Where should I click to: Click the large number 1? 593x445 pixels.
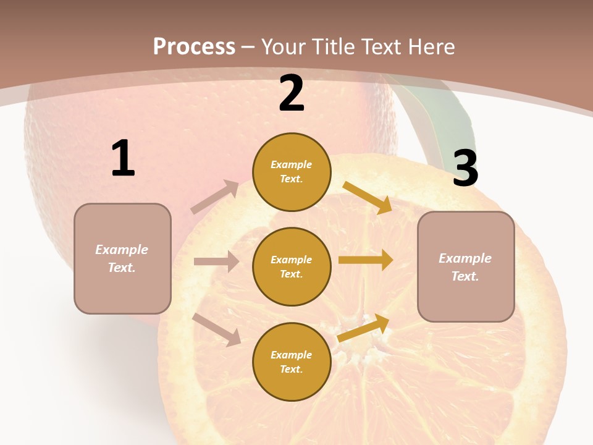tap(123, 159)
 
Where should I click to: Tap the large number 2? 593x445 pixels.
tap(292, 94)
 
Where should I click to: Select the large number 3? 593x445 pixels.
tap(465, 169)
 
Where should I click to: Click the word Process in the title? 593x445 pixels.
tap(194, 46)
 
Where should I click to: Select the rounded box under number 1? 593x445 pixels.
tap(122, 258)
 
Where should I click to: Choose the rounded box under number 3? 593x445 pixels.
tap(466, 267)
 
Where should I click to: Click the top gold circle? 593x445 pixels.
tap(292, 172)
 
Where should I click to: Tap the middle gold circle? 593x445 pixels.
tap(292, 267)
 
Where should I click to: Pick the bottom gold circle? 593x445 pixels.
tap(292, 362)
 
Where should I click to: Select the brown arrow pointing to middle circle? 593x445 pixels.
tap(216, 261)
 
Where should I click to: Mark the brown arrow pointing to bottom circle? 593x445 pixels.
tap(217, 329)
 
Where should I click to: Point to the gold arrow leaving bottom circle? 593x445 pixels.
tap(364, 328)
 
